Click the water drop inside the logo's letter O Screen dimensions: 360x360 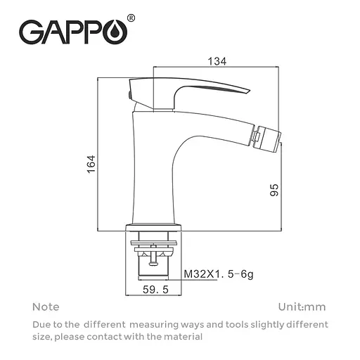click(115, 33)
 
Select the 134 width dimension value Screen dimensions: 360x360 click(218, 62)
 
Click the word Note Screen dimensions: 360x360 click(46, 307)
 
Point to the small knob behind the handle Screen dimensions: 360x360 click(130, 93)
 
